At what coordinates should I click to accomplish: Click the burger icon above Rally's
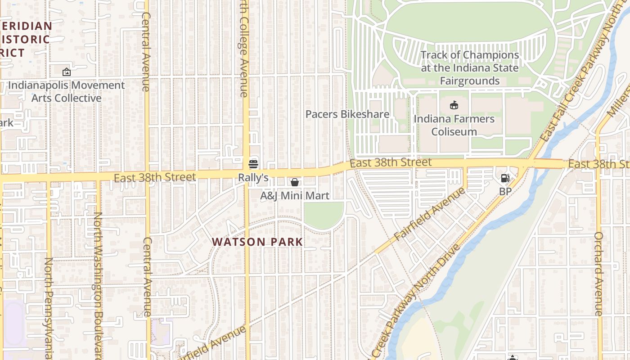point(253,163)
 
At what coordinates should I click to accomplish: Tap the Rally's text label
point(253,178)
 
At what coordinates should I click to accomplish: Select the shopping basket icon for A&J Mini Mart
point(295,182)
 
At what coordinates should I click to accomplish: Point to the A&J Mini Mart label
point(295,196)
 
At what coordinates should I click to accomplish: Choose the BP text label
point(506,191)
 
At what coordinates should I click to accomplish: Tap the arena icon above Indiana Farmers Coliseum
point(454,105)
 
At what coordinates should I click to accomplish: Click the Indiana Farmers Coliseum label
point(454,125)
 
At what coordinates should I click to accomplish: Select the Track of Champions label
point(470,68)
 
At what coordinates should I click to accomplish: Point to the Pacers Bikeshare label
point(347,114)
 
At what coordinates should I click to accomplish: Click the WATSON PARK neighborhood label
point(257,242)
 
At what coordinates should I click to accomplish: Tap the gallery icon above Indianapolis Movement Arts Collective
point(66,72)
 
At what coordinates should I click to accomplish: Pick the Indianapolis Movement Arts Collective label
point(67,91)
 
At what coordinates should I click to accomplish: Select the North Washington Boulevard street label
point(98,283)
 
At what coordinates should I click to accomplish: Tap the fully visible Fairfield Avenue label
point(430,214)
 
